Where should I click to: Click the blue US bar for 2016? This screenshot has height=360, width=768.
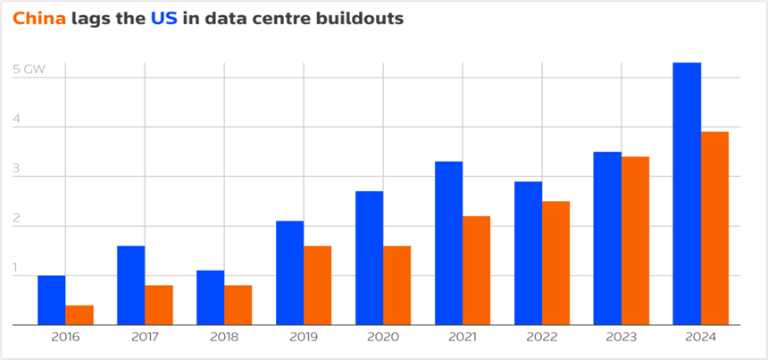pyautogui.click(x=51, y=300)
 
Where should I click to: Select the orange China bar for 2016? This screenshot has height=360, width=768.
pyautogui.click(x=79, y=315)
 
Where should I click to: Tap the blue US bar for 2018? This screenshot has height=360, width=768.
pyautogui.click(x=210, y=297)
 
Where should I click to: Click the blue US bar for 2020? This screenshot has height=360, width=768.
pyautogui.click(x=369, y=258)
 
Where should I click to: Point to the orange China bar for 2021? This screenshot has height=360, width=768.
pyautogui.click(x=476, y=271)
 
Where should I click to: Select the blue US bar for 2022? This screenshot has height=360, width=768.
pyautogui.click(x=528, y=254)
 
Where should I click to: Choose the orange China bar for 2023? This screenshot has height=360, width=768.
pyautogui.click(x=635, y=241)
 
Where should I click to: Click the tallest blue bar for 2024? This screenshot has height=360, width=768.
pyautogui.click(x=687, y=194)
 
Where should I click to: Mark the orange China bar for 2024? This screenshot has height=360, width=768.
pyautogui.click(x=714, y=229)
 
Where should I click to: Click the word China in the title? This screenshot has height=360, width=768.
pyautogui.click(x=38, y=19)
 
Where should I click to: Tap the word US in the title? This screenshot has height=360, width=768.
pyautogui.click(x=163, y=19)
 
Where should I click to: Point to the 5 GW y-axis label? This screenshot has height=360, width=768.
pyautogui.click(x=29, y=69)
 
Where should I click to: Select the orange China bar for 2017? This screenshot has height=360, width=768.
pyautogui.click(x=159, y=306)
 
